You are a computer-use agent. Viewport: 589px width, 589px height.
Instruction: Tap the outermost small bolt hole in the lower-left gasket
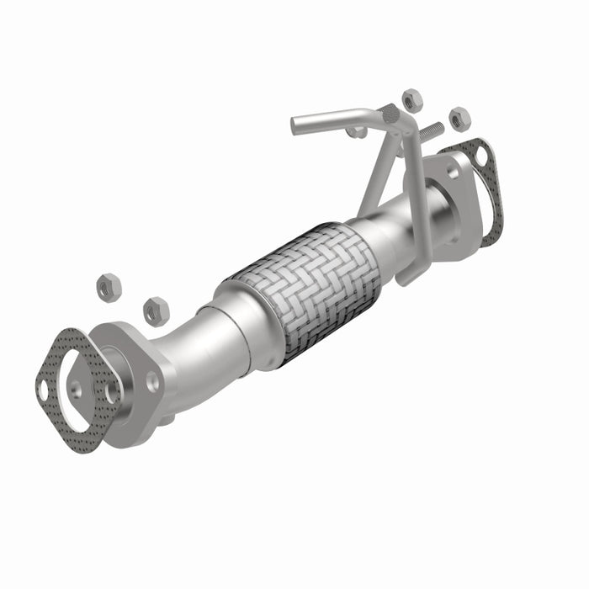pos(43,389)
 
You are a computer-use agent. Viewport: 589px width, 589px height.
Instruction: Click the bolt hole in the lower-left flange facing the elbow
pos(152,382)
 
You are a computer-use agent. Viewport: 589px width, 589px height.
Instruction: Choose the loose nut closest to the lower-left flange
pos(155,310)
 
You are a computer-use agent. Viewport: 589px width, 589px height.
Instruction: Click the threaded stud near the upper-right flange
pos(432,130)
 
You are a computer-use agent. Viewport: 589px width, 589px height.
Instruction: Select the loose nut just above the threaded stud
pos(411,100)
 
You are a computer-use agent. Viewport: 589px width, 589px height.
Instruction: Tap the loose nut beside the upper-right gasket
pos(459,118)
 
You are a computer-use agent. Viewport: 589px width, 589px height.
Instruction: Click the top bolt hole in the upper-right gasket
pos(480,155)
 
